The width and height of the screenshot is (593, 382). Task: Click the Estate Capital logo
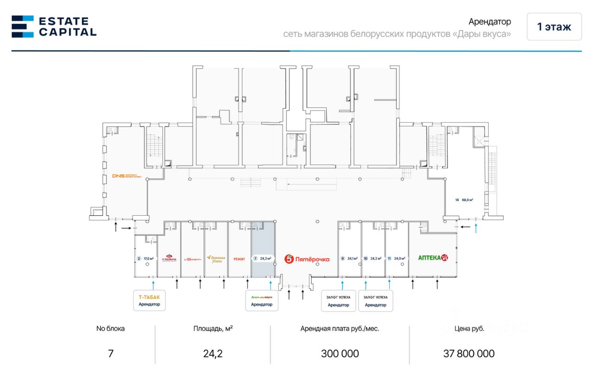[x=54, y=26]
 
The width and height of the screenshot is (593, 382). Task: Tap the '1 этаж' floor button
[x=554, y=27]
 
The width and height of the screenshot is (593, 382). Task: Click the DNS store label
[x=126, y=176]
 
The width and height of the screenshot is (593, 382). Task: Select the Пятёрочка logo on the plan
[x=307, y=259]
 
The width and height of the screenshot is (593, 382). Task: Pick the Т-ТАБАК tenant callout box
[x=149, y=301]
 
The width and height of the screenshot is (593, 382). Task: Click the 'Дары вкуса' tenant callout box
[x=262, y=301]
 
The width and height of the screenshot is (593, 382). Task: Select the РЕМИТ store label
[x=240, y=259]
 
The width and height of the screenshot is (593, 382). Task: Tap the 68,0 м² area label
[x=464, y=200]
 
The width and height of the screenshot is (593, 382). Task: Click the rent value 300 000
[x=340, y=354]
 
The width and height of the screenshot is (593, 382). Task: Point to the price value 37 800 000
[x=469, y=354]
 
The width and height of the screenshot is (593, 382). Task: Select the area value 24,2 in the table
[x=213, y=354]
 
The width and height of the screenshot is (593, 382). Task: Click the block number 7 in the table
[x=110, y=354]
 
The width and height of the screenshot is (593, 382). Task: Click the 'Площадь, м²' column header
[x=213, y=329]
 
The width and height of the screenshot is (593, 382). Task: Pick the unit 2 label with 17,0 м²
[x=145, y=259]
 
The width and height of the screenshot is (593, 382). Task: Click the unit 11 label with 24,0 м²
[x=397, y=259]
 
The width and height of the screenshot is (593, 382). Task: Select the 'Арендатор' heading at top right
[x=490, y=22]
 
